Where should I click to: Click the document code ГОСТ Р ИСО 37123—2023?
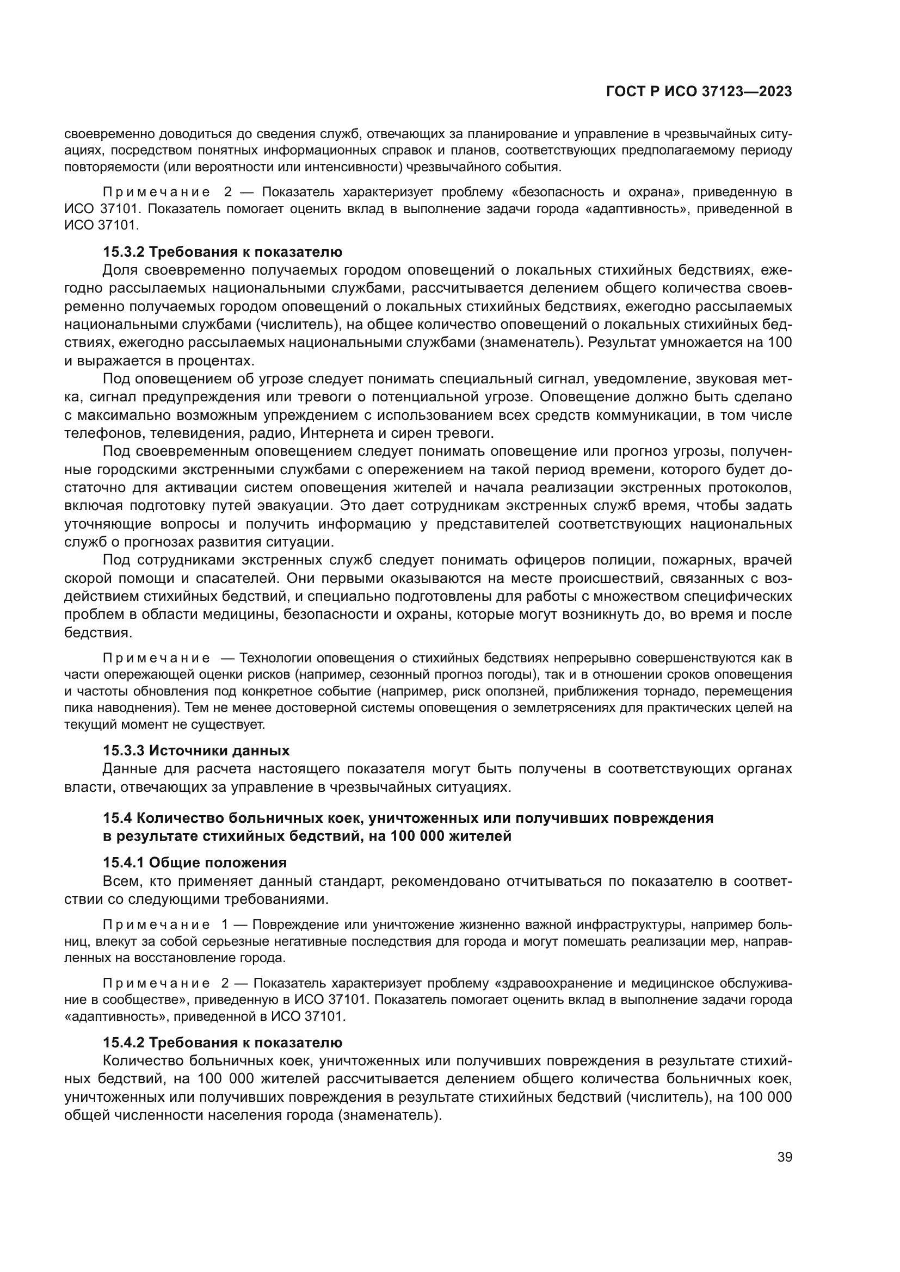tap(699, 92)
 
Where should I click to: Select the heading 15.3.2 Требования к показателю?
tap(222, 252)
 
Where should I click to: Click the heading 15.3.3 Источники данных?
tap(196, 750)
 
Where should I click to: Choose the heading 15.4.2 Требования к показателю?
tap(222, 1043)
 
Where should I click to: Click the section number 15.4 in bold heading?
tap(117, 818)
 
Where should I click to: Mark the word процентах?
tap(217, 361)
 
